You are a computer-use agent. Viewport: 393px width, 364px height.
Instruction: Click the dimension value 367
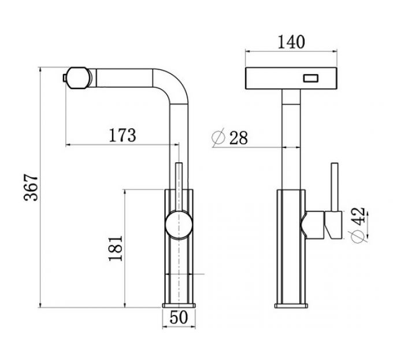pos(31,186)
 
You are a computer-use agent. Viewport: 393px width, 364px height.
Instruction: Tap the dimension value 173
pos(123,135)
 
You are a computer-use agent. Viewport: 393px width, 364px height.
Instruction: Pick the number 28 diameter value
pos(238,138)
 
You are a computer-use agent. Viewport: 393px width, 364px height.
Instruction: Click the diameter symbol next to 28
pos(218,138)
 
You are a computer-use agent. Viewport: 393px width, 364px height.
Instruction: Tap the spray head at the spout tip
pos(80,77)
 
